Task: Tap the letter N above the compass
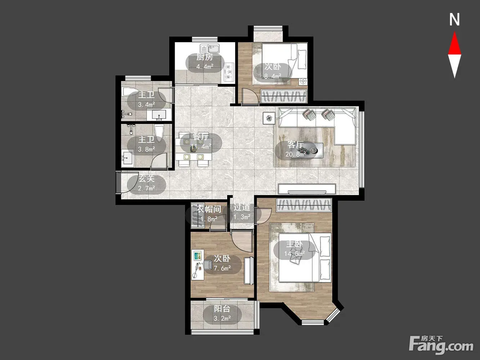[454, 19]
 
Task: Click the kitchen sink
[210, 49]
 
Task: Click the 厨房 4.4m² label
[205, 62]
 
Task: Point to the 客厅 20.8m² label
[295, 149]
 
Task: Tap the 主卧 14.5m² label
[295, 249]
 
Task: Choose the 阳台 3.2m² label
[222, 314]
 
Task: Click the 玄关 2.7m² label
[147, 184]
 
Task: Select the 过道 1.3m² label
[242, 212]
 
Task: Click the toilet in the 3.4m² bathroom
[131, 91]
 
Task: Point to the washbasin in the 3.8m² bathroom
[127, 157]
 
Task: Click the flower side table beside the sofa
[269, 118]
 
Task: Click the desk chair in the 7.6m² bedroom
[207, 265]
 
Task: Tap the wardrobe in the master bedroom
[304, 205]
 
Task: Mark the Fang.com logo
[441, 345]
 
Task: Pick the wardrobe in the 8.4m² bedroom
[284, 96]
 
